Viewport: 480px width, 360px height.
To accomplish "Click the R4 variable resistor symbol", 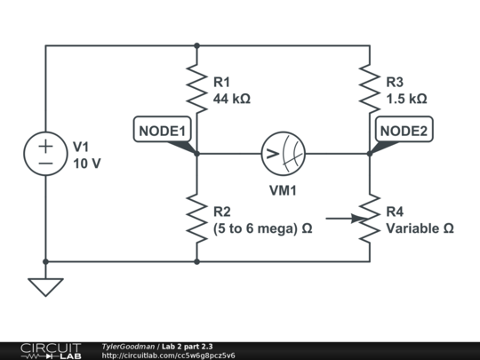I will [369, 219].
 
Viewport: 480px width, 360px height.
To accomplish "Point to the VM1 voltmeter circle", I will [283, 154].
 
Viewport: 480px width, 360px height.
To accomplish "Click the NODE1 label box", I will [162, 131].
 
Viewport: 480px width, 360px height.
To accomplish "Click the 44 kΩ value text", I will [232, 99].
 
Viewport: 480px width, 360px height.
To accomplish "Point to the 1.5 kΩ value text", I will [406, 99].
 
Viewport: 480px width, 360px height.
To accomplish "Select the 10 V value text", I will [87, 164].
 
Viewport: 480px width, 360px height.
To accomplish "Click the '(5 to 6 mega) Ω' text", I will [262, 228].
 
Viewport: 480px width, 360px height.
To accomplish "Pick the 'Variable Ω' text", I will [420, 228].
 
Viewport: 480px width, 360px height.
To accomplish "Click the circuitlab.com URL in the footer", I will [169, 356].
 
